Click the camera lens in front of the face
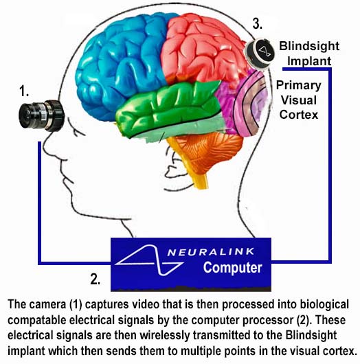point(41,115)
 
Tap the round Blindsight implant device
point(260,54)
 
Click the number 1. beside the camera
point(24,91)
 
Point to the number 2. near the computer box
point(95,279)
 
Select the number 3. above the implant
point(258,23)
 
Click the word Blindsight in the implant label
point(309,46)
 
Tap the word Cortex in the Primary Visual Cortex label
point(299,115)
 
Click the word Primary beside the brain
point(298,85)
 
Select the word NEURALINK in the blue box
point(211,252)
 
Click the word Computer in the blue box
point(233,268)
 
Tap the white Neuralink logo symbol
point(149,260)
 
